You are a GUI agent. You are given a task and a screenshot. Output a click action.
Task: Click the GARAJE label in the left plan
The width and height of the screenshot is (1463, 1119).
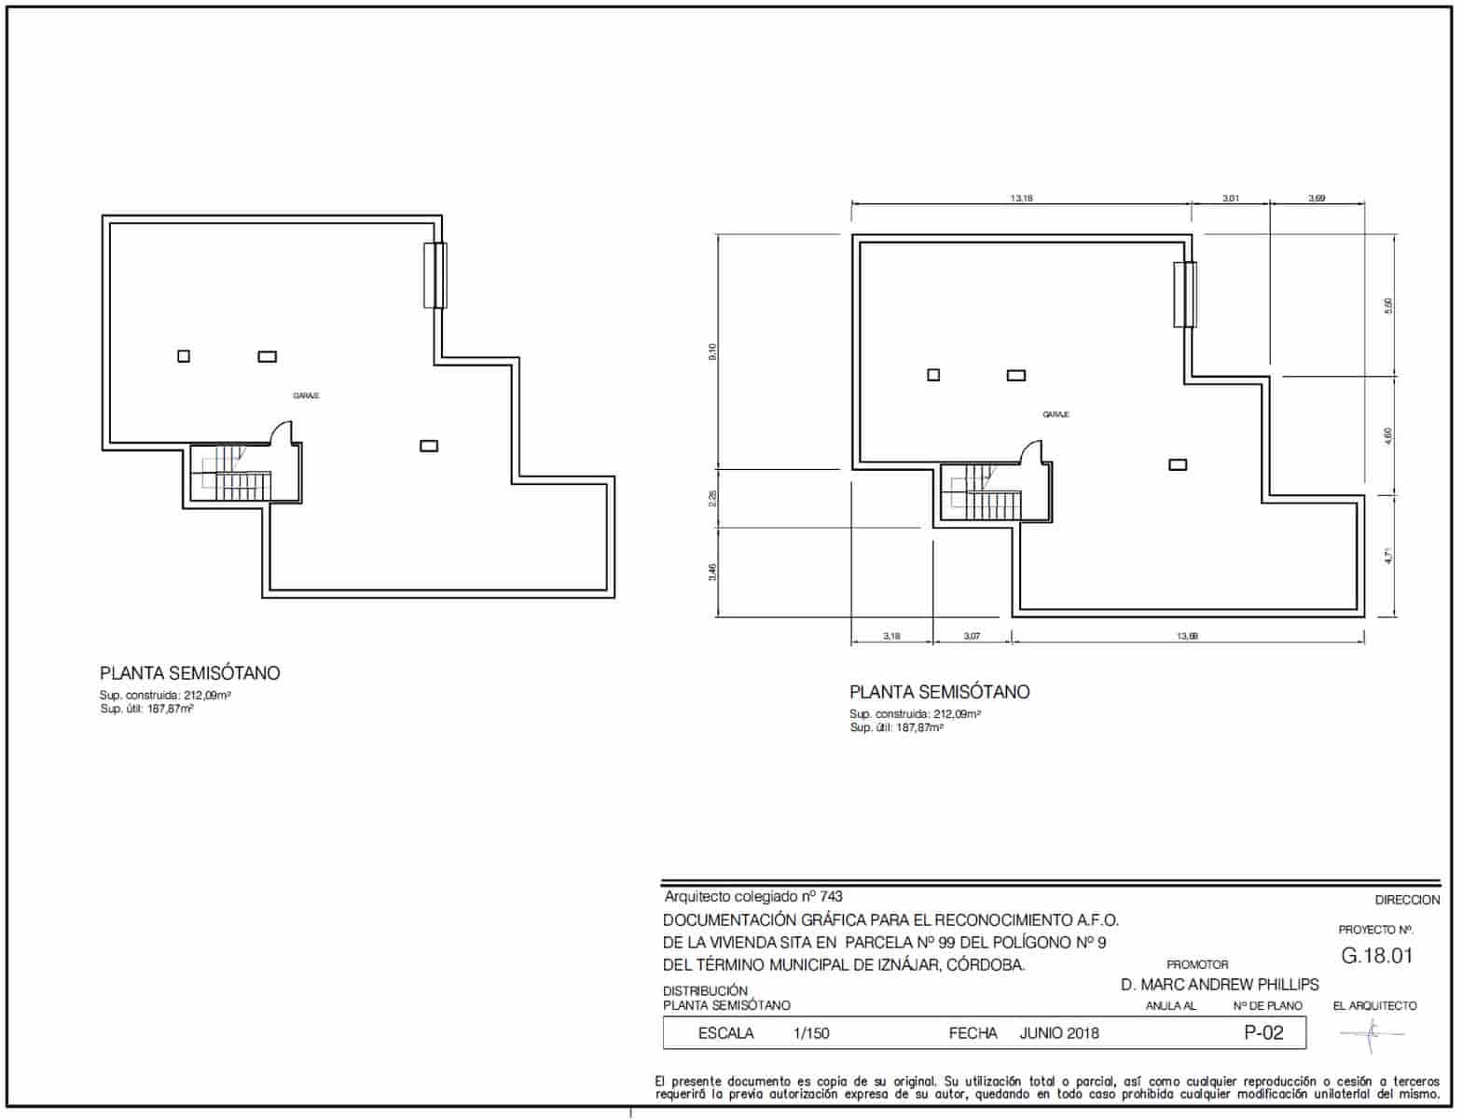[x=306, y=396]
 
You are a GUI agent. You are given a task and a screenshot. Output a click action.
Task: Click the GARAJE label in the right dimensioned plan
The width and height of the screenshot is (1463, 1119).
[x=1056, y=415]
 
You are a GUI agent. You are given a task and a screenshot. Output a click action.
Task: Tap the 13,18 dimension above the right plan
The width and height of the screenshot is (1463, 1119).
[x=1021, y=198]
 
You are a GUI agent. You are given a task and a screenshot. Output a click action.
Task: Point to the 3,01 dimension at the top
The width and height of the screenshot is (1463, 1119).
[x=1231, y=198]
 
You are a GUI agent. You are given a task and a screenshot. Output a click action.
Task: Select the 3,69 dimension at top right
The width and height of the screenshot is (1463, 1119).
[x=1317, y=198]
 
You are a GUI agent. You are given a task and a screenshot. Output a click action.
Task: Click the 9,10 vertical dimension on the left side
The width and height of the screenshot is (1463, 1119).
[x=712, y=352]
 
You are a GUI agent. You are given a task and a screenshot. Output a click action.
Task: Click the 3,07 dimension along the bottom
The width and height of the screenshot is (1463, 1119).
[x=972, y=637]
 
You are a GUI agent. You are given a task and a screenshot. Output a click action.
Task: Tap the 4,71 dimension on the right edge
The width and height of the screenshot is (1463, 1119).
[x=1388, y=555]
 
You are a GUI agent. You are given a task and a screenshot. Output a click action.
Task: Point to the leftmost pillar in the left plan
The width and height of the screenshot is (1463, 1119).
[x=184, y=356]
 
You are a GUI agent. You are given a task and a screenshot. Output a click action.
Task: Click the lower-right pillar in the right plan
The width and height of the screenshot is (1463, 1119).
[x=1178, y=464]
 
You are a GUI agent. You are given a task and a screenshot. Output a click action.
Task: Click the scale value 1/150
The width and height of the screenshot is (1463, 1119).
[x=811, y=1033]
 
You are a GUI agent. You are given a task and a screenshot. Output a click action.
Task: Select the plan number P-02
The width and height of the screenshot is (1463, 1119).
[x=1263, y=1032]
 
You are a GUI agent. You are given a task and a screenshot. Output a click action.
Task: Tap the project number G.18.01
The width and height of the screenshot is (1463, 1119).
[x=1376, y=956]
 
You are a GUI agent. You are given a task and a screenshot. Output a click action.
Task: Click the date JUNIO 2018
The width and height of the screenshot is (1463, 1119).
[x=1059, y=1033]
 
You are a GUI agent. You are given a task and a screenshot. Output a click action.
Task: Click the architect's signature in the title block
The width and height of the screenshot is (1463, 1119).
[x=1373, y=1032]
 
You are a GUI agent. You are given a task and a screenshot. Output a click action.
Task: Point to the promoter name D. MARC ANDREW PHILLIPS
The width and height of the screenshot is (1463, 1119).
[x=1220, y=985]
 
